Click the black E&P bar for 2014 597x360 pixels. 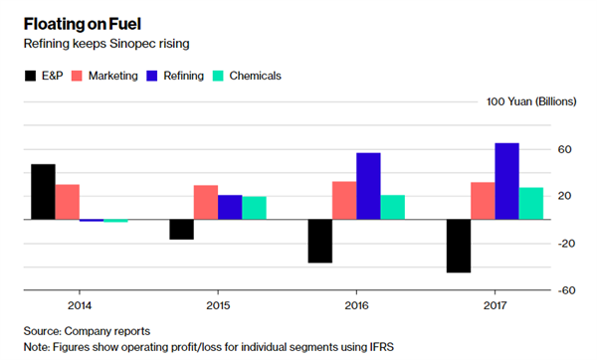43,192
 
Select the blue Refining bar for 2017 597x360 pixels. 506,181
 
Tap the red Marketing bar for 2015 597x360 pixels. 206,203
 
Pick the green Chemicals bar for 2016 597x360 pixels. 393,208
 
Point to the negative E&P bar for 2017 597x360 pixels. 459,246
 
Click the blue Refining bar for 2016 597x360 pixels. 368,186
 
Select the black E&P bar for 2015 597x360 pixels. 182,230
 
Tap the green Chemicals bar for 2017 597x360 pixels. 531,204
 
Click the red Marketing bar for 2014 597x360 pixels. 68,202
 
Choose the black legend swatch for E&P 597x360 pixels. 31,76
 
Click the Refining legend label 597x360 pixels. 183,76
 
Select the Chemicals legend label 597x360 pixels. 255,76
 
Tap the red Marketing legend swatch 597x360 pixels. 77,76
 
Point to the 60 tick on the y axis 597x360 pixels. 564,149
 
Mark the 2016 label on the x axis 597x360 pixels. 357,305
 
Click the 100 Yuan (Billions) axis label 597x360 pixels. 531,101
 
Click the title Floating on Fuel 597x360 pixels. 83,24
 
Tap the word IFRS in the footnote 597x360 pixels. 381,347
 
